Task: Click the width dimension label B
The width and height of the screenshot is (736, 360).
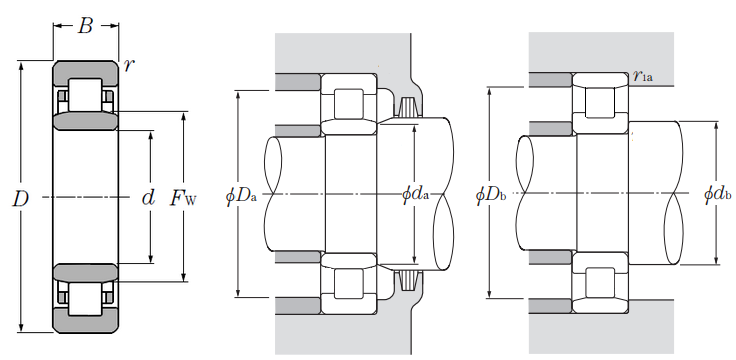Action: [x=85, y=26]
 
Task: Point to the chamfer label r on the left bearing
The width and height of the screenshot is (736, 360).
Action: [x=128, y=65]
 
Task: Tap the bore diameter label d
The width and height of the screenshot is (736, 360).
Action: [x=148, y=198]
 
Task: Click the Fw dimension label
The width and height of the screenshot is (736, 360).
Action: [x=183, y=198]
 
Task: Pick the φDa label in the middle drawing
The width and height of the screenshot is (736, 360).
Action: [x=241, y=196]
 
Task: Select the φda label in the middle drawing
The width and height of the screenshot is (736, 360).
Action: [x=414, y=194]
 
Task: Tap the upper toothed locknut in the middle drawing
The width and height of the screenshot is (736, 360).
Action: [x=406, y=109]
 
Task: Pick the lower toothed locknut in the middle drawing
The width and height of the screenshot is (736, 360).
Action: [x=406, y=281]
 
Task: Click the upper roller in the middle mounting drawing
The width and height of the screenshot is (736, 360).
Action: [x=349, y=104]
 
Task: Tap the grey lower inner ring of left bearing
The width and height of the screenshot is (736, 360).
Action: [x=85, y=270]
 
